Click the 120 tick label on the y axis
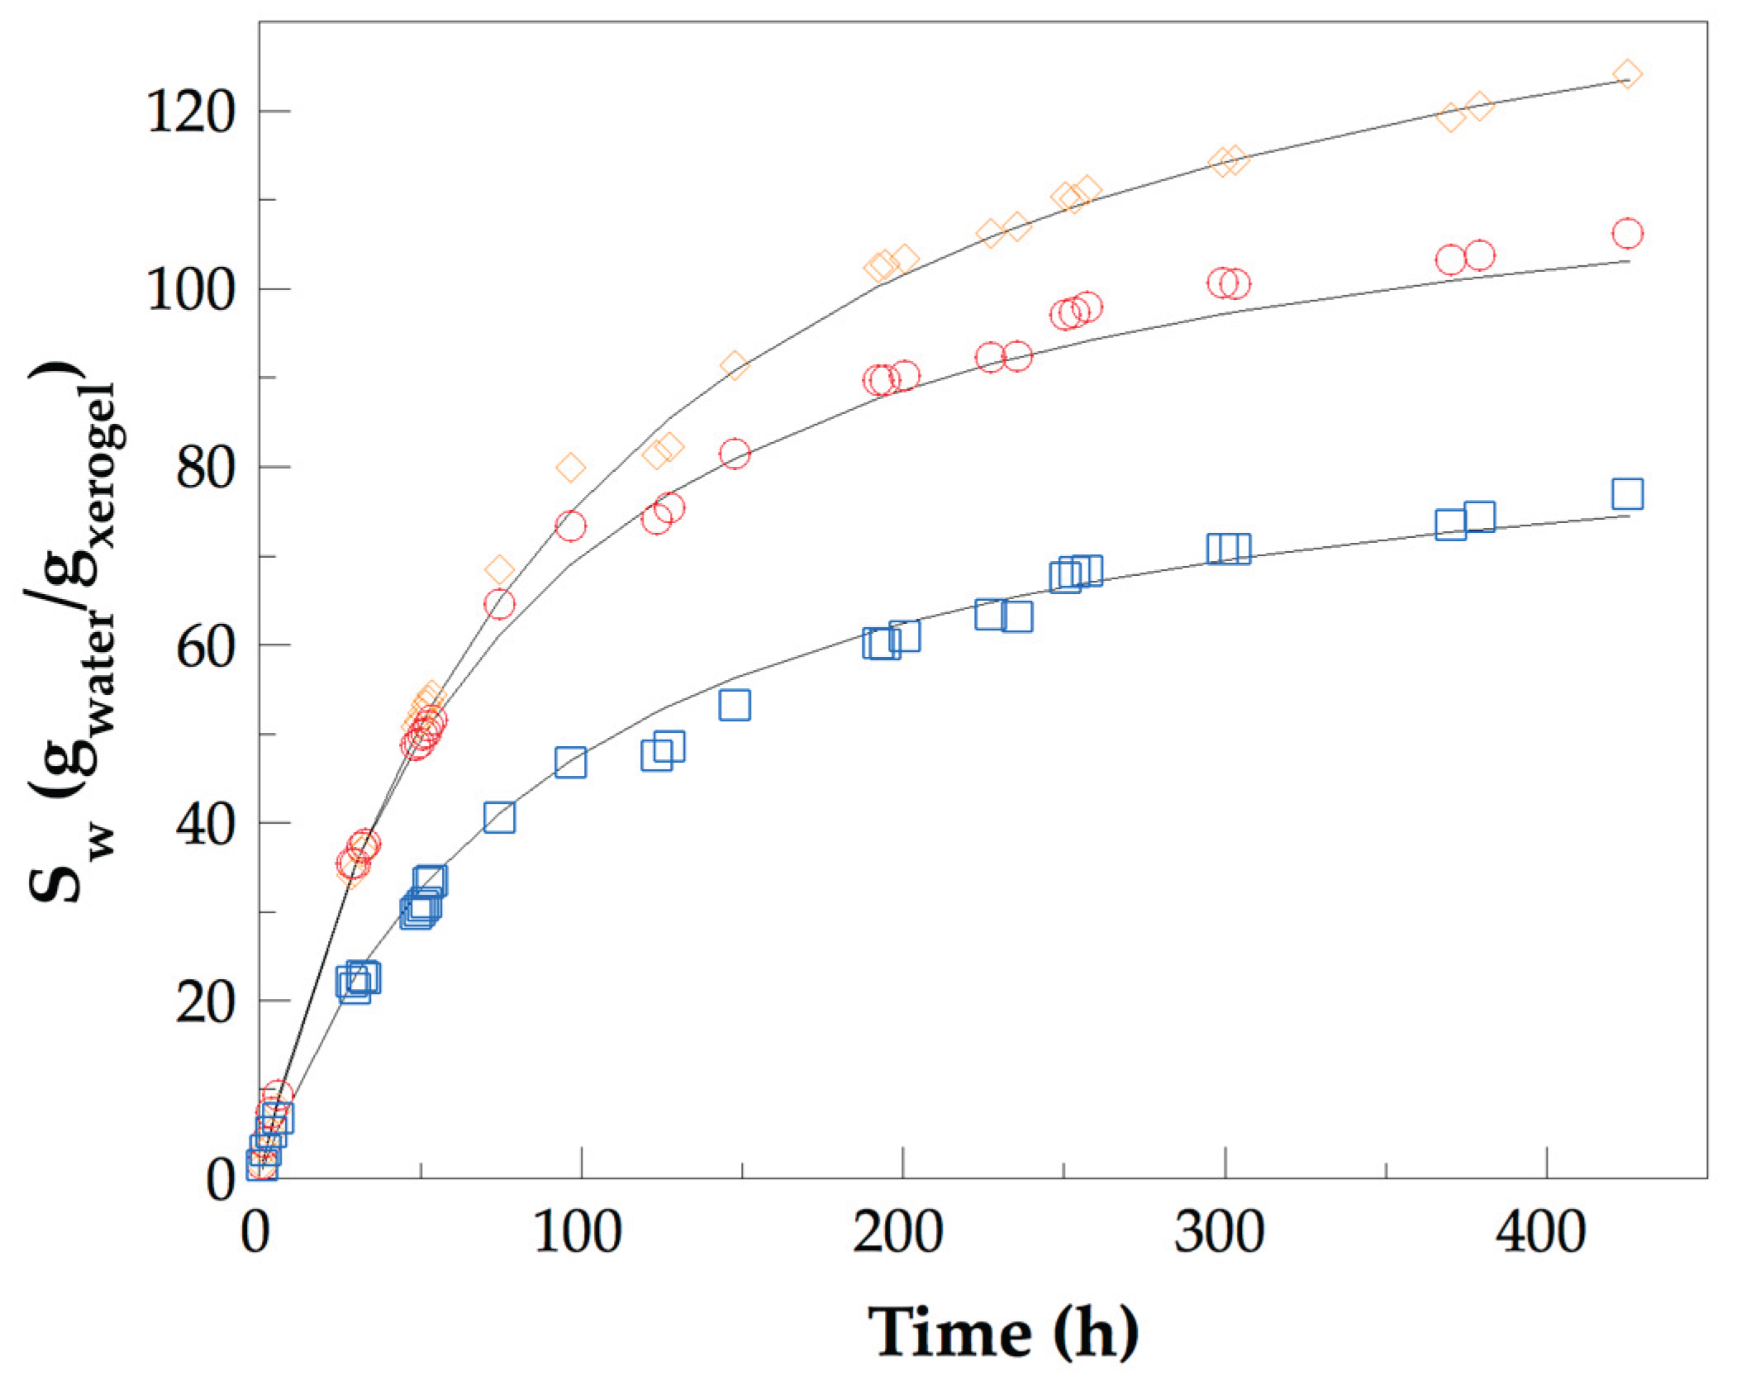click(x=191, y=112)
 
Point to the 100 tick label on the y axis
click(x=191, y=291)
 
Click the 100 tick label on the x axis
click(x=577, y=1233)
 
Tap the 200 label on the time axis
click(x=897, y=1233)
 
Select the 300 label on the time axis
click(x=1219, y=1233)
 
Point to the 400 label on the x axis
click(x=1540, y=1233)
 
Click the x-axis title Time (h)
click(x=1003, y=1333)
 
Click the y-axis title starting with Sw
click(x=74, y=632)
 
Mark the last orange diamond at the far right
click(x=1626, y=74)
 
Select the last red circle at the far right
click(x=1626, y=234)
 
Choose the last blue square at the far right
click(x=1626, y=494)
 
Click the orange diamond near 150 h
click(x=734, y=365)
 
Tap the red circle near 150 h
click(x=734, y=454)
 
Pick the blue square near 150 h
click(x=734, y=705)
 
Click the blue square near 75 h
click(x=499, y=817)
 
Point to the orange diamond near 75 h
click(x=499, y=570)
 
